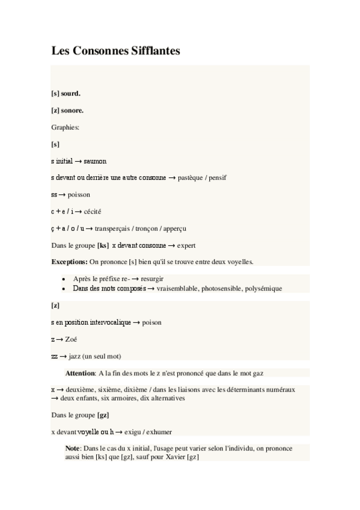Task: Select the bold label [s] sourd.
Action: click(x=66, y=94)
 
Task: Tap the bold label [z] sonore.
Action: click(x=67, y=111)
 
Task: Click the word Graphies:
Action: click(x=66, y=127)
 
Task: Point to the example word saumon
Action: click(x=96, y=161)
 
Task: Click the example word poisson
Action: click(x=79, y=195)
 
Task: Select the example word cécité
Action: click(x=93, y=212)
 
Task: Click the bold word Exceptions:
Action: click(x=70, y=262)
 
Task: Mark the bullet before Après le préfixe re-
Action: click(x=64, y=279)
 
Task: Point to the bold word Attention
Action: click(x=81, y=373)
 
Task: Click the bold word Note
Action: click(x=73, y=449)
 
